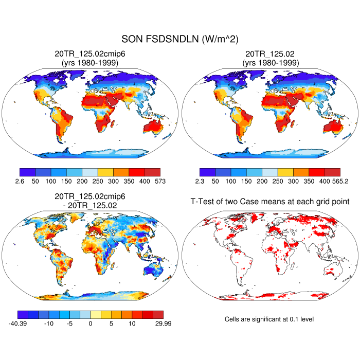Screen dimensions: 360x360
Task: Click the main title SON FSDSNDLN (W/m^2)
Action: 180,39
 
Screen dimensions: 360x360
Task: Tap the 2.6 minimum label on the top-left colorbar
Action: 20,182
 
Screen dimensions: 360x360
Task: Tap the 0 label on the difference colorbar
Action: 91,324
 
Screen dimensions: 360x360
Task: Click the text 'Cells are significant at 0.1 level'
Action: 269,319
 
